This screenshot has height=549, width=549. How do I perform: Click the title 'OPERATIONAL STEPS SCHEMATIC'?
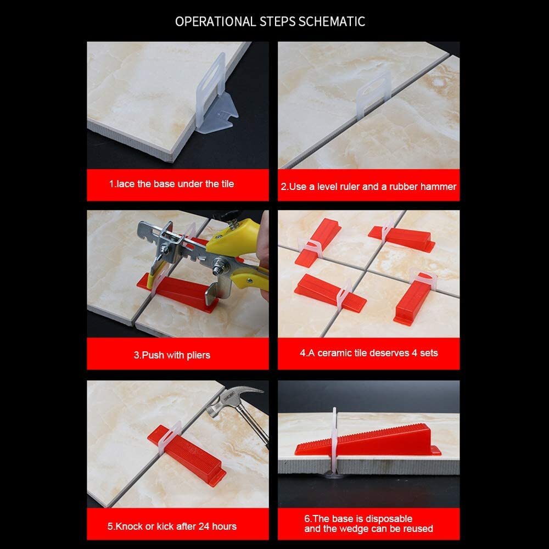coord(270,21)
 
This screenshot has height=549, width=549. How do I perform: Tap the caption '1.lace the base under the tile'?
coord(171,183)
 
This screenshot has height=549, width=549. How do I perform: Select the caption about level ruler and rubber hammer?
coord(368,187)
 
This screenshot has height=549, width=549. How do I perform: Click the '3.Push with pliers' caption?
coord(172,355)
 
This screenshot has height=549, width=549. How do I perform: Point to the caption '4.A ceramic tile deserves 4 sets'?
coord(368,352)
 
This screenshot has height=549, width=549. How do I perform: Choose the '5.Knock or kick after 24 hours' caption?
coord(172,526)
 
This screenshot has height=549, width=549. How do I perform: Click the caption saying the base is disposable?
coord(368,523)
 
